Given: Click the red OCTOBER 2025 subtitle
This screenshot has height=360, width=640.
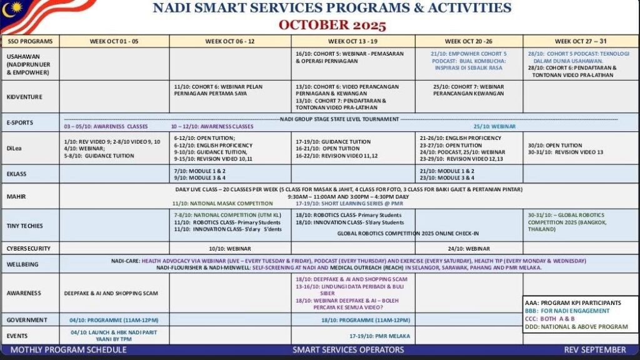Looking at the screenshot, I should coord(332,25).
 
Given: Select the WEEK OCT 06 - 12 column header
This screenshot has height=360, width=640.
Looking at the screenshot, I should coord(229,42).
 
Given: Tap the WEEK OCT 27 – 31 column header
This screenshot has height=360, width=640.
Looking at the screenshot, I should coord(581,42).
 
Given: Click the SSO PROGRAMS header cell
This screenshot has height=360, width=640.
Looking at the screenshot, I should coord(30,42).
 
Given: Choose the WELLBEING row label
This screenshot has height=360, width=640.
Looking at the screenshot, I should coord(24,264).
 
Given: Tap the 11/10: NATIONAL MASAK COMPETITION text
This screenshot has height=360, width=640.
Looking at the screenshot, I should coord(222,203).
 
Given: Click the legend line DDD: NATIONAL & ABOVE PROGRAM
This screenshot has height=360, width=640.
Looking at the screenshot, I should coord(576,326).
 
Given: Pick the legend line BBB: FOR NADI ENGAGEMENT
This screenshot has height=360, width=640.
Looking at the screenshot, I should coord(567,311).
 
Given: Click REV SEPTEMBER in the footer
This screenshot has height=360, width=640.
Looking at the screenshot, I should coord(594,349).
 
